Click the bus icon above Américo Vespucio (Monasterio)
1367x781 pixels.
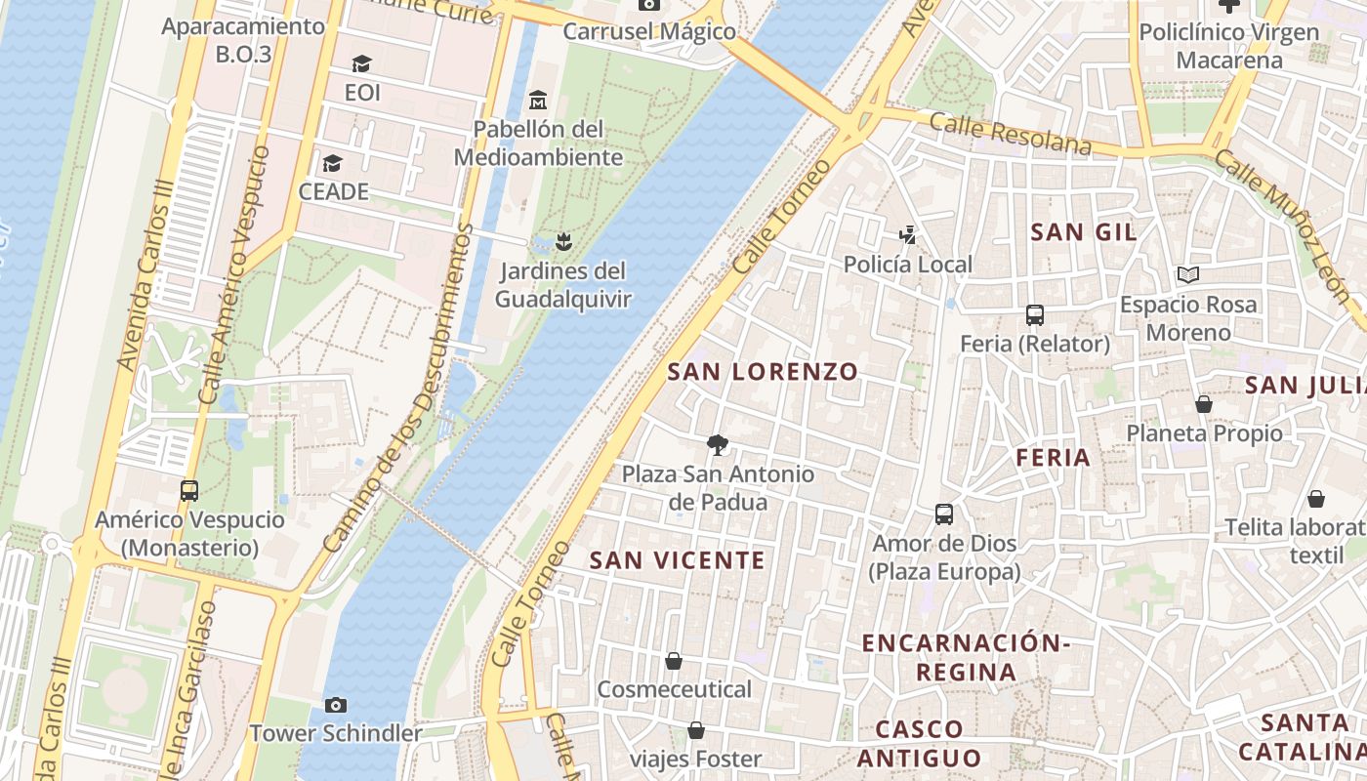click(189, 491)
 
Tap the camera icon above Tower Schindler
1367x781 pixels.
click(336, 705)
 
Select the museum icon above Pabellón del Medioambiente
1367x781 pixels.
click(537, 100)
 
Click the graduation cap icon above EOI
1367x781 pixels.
click(362, 63)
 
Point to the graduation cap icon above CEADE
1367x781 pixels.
click(333, 163)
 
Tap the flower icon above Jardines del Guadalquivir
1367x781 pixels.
click(562, 240)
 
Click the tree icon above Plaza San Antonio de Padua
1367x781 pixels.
click(718, 445)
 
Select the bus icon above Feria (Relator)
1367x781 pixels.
click(1035, 315)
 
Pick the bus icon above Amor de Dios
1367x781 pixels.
click(944, 514)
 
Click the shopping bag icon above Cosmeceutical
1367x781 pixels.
click(674, 661)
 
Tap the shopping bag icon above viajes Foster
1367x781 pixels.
click(696, 730)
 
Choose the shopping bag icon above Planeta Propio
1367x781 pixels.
click(1204, 404)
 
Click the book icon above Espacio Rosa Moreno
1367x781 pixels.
click(1187, 275)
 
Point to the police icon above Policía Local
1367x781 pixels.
click(908, 234)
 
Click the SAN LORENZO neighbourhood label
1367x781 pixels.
click(763, 371)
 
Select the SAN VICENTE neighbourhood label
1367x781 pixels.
click(678, 560)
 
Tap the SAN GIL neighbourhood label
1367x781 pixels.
click(1084, 231)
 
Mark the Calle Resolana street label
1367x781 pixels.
click(1010, 135)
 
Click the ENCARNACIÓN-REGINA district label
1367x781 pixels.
click(967, 657)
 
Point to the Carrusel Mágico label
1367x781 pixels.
click(649, 31)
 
